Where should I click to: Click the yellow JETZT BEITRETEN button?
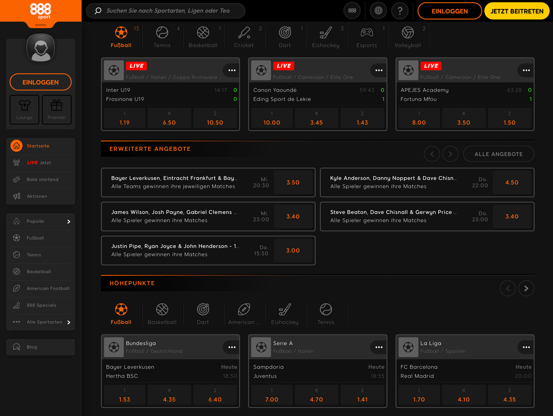pyautogui.click(x=517, y=11)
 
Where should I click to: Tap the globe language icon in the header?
pyautogui.click(x=378, y=11)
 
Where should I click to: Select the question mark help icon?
pyautogui.click(x=400, y=11)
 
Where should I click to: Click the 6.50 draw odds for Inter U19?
pyautogui.click(x=169, y=118)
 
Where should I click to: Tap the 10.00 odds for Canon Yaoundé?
pyautogui.click(x=272, y=118)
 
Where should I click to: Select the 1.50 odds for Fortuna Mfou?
pyautogui.click(x=509, y=118)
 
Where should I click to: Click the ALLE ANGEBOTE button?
pyautogui.click(x=498, y=154)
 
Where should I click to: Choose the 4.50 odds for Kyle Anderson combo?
pyautogui.click(x=512, y=182)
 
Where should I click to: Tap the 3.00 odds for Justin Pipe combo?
pyautogui.click(x=293, y=250)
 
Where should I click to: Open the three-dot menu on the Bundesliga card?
pyautogui.click(x=232, y=347)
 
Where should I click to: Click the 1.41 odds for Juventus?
pyautogui.click(x=362, y=395)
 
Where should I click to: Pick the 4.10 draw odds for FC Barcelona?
pyautogui.click(x=464, y=395)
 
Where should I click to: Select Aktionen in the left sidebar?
pyautogui.click(x=37, y=196)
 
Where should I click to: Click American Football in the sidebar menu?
pyautogui.click(x=48, y=289)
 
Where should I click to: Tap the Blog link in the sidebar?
pyautogui.click(x=32, y=347)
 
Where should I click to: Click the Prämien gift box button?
pyautogui.click(x=56, y=109)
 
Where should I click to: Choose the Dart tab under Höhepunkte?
pyautogui.click(x=203, y=314)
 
